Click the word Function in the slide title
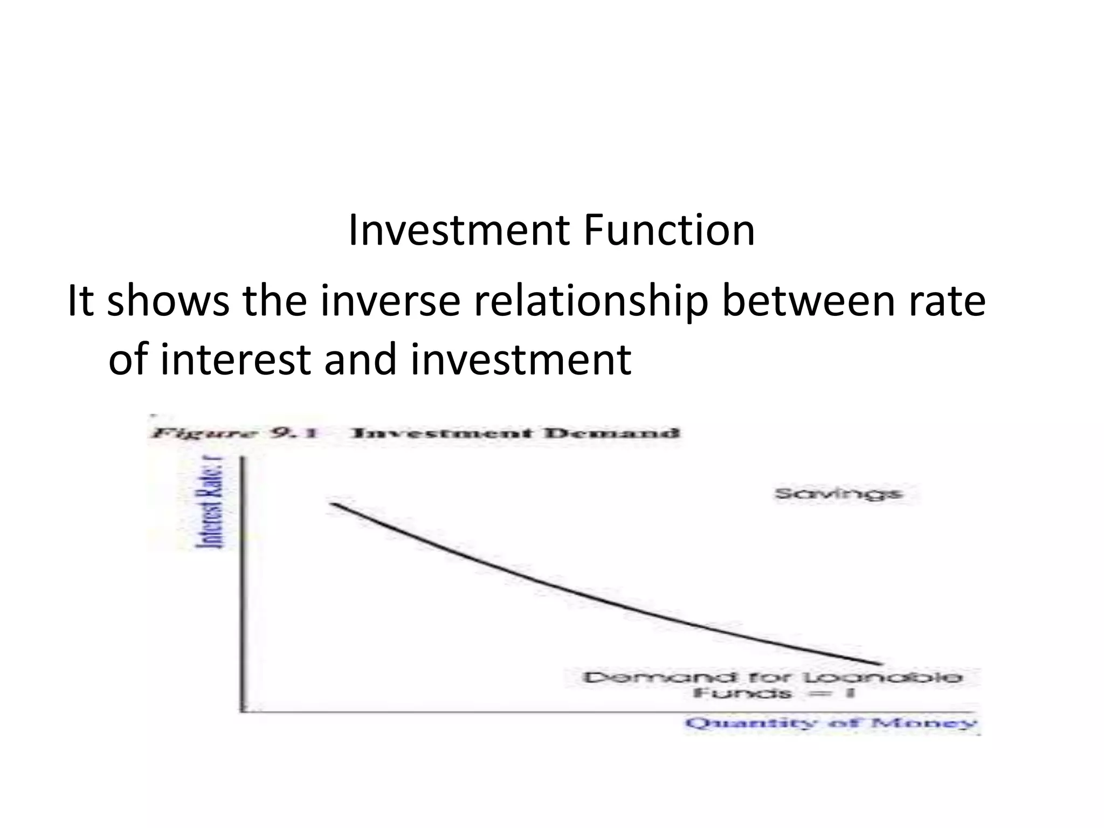tap(669, 231)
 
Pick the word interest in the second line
tap(234, 359)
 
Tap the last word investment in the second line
tap(521, 359)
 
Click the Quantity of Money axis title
tap(830, 723)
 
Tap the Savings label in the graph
tap(838, 494)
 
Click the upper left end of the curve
tap(333, 503)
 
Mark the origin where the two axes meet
tap(241, 711)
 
